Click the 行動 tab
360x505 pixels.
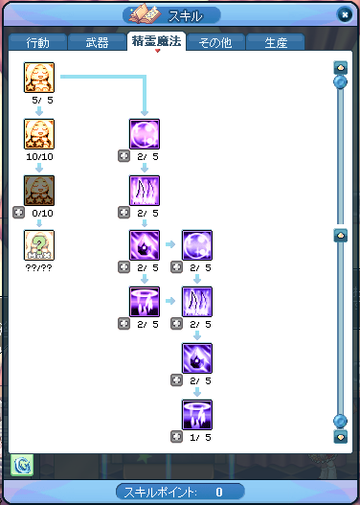pos(37,42)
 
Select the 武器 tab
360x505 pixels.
pos(97,42)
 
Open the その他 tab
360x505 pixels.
pos(214,42)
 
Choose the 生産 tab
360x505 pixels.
pos(276,42)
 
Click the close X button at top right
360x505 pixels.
pos(345,14)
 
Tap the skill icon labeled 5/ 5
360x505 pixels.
pos(39,78)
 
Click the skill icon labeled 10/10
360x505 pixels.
pos(39,134)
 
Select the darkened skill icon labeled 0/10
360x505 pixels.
pos(39,191)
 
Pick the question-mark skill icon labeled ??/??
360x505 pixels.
pos(39,245)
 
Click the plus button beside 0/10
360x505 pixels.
pos(18,213)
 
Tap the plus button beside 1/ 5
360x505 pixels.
pos(176,437)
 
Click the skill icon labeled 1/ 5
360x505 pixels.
pos(197,415)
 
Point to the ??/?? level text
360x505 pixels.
pos(38,267)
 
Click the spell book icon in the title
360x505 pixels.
pos(144,13)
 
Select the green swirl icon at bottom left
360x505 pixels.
pos(22,465)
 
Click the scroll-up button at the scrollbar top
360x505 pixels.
pos(341,68)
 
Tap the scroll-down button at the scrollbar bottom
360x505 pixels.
pos(341,436)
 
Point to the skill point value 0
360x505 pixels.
pos(219,492)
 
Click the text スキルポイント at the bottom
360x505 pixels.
pos(160,492)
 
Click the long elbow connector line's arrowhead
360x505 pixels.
pos(145,113)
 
